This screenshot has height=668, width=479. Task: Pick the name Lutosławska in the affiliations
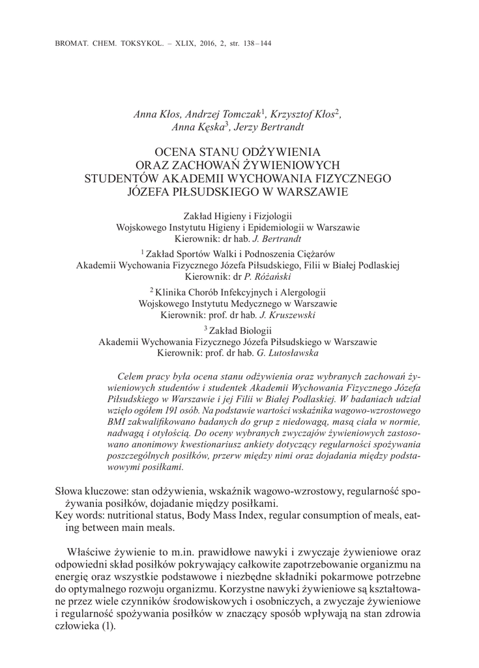click(291, 353)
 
